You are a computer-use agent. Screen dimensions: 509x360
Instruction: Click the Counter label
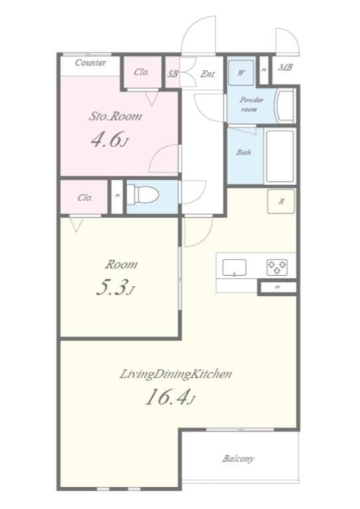pyautogui.click(x=91, y=63)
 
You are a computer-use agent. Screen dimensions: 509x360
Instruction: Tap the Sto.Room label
pyautogui.click(x=116, y=116)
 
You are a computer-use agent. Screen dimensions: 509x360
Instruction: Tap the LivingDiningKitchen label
pyautogui.click(x=175, y=374)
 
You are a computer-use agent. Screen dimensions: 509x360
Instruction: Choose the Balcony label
pyautogui.click(x=239, y=459)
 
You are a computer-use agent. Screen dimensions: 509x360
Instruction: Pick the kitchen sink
pyautogui.click(x=234, y=268)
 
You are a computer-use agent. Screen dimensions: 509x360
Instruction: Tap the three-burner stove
pyautogui.click(x=278, y=267)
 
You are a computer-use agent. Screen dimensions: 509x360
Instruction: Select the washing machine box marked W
pyautogui.click(x=241, y=73)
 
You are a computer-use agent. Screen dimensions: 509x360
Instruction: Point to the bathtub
pyautogui.click(x=280, y=157)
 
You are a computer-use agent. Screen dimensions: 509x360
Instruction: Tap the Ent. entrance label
pyautogui.click(x=208, y=74)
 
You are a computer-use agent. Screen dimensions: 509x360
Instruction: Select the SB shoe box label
pyautogui.click(x=172, y=74)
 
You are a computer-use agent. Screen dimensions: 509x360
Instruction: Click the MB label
pyautogui.click(x=285, y=68)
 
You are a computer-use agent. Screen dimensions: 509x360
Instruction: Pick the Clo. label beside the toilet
pyautogui.click(x=85, y=197)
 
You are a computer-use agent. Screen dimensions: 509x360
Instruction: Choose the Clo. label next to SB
pyautogui.click(x=141, y=72)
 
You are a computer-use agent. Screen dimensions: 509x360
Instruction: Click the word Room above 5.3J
pyautogui.click(x=121, y=264)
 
